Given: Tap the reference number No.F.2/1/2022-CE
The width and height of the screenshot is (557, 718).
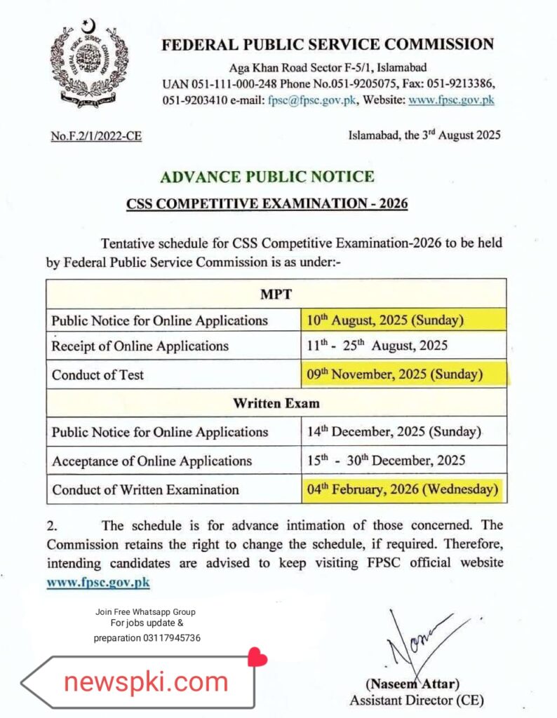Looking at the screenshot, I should point(96,137).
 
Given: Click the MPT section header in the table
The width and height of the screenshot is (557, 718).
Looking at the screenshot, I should point(276,293).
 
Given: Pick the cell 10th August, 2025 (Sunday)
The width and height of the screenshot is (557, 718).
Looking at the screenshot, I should point(384,320).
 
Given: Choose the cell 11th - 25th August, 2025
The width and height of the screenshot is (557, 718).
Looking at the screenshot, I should point(377,346).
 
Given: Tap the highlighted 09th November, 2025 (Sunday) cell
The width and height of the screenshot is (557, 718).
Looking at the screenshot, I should point(395,374).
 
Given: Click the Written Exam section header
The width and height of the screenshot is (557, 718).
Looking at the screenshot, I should point(276,403).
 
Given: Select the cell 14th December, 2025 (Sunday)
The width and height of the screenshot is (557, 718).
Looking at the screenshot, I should point(394,432).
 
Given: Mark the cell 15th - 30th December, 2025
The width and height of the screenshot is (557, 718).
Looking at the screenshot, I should point(386,461).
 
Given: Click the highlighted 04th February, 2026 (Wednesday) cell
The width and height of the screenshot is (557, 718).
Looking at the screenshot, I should point(403,489).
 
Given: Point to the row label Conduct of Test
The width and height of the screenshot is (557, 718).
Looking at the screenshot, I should point(98,375).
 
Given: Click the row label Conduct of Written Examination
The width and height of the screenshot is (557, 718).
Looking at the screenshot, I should point(145,489).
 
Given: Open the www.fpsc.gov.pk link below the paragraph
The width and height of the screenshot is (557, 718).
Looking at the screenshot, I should point(98,582).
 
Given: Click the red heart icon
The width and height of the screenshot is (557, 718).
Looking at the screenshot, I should point(258,658).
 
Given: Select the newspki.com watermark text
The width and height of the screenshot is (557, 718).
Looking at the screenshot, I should point(146,681).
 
